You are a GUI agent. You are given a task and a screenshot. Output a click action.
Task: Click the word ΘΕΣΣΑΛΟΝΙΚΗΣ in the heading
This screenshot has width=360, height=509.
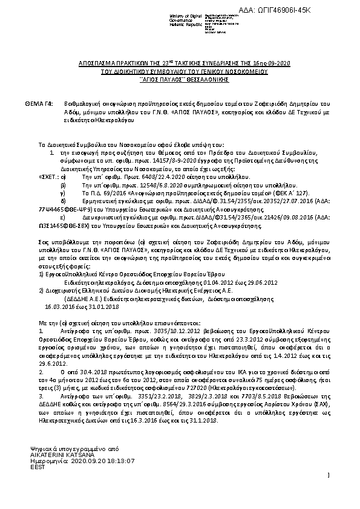(x=199, y=79)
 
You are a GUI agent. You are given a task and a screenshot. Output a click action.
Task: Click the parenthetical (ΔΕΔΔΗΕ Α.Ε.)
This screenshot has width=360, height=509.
(x=84, y=298)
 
